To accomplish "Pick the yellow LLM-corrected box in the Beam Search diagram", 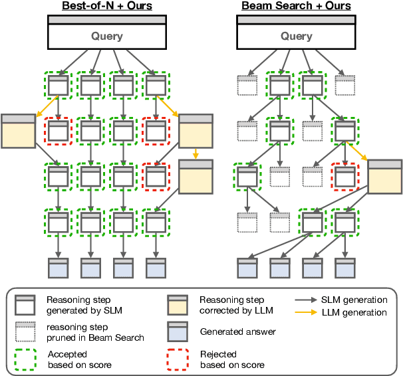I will pos(385,177).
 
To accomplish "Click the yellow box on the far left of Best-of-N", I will pos(18,131).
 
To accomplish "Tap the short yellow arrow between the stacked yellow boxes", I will pos(196,153).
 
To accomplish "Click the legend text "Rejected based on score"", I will pos(231,359).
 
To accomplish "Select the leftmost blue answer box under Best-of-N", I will pos(59,268).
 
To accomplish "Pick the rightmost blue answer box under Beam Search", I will pos(345,268).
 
